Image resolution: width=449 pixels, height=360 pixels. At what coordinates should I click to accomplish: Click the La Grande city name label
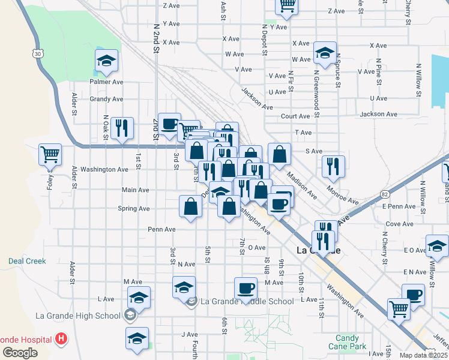point(319,250)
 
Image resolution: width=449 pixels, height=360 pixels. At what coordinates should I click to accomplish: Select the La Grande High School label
point(78,316)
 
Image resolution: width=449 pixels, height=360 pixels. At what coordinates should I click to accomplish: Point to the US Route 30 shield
point(38,54)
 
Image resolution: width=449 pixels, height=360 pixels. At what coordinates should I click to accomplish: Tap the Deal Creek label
point(27,261)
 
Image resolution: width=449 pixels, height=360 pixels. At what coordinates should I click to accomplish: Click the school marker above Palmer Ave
point(106,61)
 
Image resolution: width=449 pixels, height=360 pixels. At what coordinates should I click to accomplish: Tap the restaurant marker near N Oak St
point(122,127)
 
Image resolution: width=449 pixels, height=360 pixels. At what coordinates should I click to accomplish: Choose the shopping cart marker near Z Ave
point(287,5)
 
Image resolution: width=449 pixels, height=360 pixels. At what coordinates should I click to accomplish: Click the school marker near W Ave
point(325,53)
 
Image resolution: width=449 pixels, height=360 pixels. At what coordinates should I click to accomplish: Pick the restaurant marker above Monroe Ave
point(333,166)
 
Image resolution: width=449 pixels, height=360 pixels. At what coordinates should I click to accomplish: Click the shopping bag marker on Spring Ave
point(190,207)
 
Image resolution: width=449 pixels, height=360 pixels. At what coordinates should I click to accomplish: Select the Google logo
point(20,353)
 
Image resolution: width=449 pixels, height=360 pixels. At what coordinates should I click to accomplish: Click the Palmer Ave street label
point(106,82)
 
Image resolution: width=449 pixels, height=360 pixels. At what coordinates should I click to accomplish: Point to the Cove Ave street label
point(399,224)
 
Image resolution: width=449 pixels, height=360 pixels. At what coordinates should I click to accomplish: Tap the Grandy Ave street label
point(106,99)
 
